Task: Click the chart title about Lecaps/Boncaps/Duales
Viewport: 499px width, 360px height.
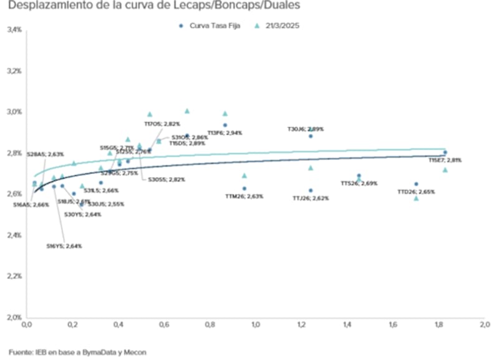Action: [153, 6]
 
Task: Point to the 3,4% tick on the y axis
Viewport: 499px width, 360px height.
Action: [14, 30]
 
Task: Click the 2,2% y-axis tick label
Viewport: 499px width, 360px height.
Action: [14, 276]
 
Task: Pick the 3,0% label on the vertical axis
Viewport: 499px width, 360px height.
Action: [14, 112]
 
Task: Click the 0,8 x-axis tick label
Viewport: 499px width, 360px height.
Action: [209, 325]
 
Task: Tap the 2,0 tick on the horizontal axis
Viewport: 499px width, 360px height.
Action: [484, 325]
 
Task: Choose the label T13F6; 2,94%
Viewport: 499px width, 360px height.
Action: [225, 133]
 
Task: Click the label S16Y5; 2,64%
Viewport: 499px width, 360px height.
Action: [64, 246]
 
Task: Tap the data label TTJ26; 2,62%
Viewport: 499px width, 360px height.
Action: [310, 198]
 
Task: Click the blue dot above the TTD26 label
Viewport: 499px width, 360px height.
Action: [416, 184]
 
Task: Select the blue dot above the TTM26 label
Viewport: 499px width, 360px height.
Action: [244, 188]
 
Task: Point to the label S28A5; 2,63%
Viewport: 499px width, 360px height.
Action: [45, 153]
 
